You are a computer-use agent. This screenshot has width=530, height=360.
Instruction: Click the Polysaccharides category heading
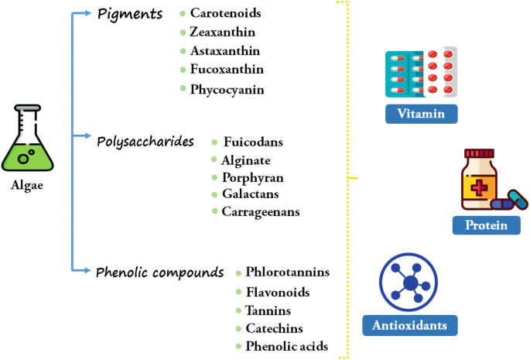145,141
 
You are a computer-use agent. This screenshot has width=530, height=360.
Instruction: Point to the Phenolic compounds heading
159,273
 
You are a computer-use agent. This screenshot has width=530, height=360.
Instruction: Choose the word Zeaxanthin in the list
223,32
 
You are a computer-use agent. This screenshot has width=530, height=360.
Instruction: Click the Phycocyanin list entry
227,89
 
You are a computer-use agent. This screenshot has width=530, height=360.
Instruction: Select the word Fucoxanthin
226,70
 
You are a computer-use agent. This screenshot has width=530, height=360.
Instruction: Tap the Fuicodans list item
253,142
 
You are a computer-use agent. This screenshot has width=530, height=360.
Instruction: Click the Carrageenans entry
260,211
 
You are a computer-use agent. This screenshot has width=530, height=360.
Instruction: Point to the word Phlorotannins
287,272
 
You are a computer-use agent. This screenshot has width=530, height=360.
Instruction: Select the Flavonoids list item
277,292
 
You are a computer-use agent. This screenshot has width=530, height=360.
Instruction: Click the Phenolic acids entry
286,346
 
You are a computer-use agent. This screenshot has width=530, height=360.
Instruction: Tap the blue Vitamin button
421,114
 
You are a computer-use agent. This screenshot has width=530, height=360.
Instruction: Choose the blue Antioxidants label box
409,324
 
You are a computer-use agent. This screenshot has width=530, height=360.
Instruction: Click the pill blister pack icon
421,74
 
